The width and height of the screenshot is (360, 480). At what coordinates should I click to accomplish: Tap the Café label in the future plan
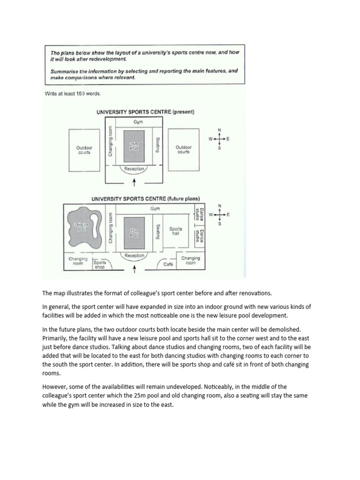168,264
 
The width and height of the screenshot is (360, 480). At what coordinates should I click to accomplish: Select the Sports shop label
100,264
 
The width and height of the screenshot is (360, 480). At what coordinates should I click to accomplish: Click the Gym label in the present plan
137,121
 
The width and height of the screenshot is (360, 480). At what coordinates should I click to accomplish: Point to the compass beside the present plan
219,139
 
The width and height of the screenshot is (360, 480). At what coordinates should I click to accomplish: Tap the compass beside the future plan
219,215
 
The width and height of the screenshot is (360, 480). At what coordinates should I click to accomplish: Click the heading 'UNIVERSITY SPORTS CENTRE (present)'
145,112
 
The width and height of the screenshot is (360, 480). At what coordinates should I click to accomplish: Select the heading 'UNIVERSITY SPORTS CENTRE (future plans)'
145,198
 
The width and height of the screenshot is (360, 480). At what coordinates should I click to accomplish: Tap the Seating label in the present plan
158,145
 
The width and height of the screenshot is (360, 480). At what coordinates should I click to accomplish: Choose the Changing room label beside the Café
190,261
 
